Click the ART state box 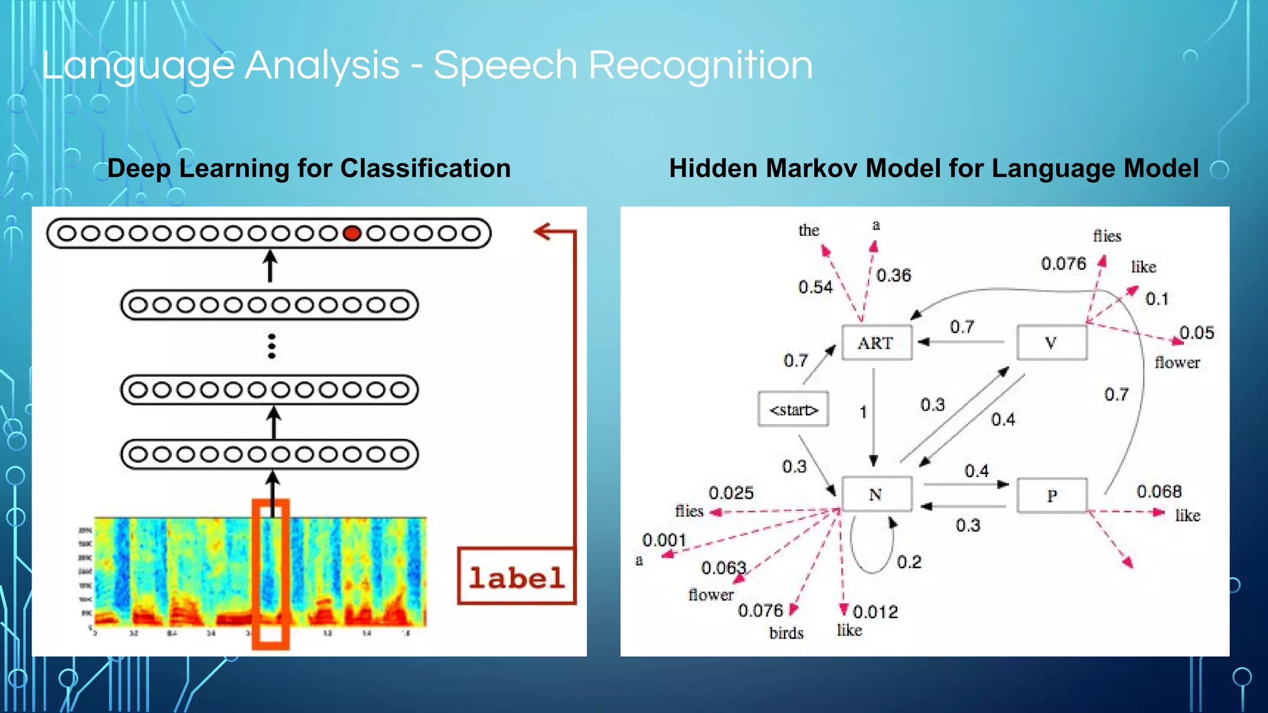tap(876, 342)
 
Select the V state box tap(1051, 342)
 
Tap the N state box tap(875, 494)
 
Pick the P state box tap(1051, 495)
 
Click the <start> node tap(793, 409)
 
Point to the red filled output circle tap(352, 233)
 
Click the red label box tap(516, 576)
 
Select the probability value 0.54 tap(815, 287)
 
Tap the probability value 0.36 tap(893, 275)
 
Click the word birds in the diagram tap(786, 633)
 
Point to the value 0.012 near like tap(875, 612)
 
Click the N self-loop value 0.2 tap(909, 562)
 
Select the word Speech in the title tap(505, 66)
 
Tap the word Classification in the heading tap(425, 168)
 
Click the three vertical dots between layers tap(271, 347)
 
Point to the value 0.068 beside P tap(1159, 491)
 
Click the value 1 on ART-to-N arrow tap(863, 412)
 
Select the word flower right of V tap(1177, 363)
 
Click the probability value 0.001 tap(664, 540)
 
